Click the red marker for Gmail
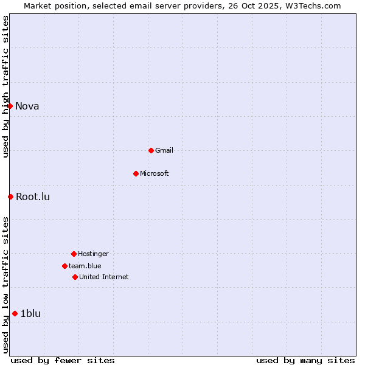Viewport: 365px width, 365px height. [x=151, y=150]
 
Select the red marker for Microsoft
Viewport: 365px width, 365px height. [x=136, y=173]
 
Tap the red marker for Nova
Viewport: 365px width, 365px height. [x=10, y=106]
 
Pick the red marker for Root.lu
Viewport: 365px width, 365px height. [x=10, y=196]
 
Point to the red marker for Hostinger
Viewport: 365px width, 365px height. [x=74, y=254]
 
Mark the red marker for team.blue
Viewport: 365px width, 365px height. [x=64, y=266]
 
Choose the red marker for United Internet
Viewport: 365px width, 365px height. [x=75, y=277]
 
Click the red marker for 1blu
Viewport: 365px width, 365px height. [x=15, y=313]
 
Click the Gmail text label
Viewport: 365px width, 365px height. [x=164, y=150]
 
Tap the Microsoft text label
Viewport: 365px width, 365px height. [x=155, y=173]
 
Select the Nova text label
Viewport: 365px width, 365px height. [x=27, y=106]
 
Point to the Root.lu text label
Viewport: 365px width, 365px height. [x=33, y=196]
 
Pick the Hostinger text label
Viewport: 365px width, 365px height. [x=93, y=254]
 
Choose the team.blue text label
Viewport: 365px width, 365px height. [x=85, y=266]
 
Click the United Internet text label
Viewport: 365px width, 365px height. [x=104, y=277]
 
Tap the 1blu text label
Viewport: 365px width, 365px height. [x=30, y=313]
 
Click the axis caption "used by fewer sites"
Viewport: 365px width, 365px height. [x=63, y=360]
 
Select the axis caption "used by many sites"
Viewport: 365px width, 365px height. [x=305, y=360]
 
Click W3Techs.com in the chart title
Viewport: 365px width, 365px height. [x=313, y=5]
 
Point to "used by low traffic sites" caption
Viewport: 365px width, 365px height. [x=5, y=285]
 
